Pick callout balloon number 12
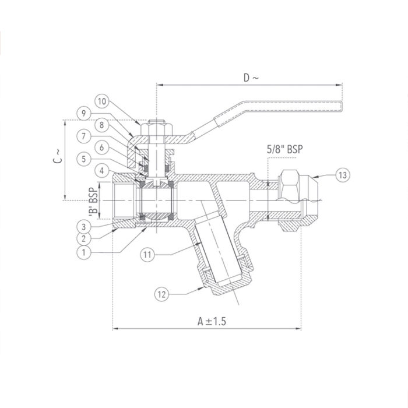pyautogui.click(x=164, y=294)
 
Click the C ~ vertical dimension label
pyautogui.click(x=57, y=154)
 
